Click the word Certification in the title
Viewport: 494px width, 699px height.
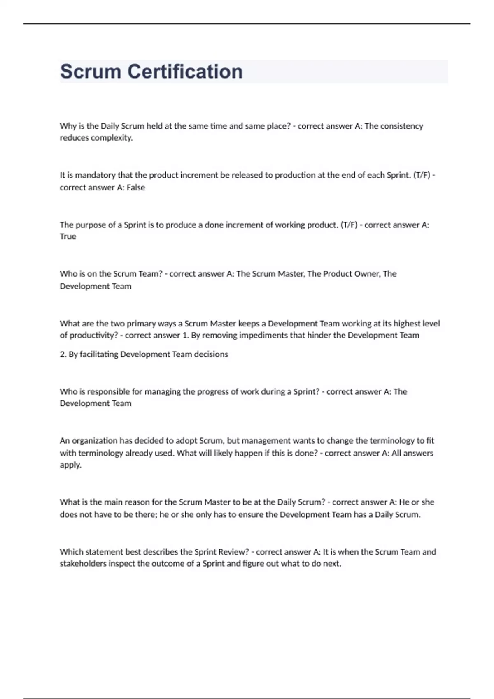click(x=185, y=72)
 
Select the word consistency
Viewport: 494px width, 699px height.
click(x=401, y=126)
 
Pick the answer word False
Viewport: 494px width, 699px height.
click(x=136, y=187)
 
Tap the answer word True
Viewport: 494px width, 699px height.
click(x=68, y=236)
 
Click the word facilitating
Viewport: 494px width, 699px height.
click(x=98, y=354)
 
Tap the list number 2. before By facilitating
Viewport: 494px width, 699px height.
click(x=63, y=354)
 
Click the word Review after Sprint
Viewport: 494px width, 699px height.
click(x=231, y=552)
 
